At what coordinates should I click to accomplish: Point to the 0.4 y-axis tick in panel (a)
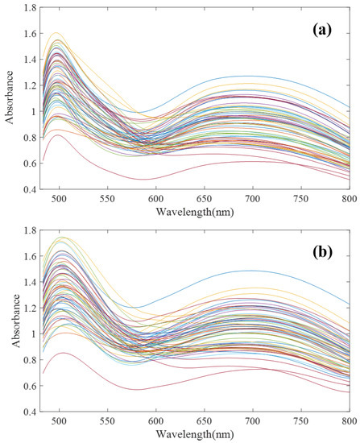click(x=31, y=189)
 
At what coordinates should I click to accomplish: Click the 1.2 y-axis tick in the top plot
click(x=31, y=85)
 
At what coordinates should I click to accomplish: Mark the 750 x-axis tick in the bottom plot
click(x=301, y=420)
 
